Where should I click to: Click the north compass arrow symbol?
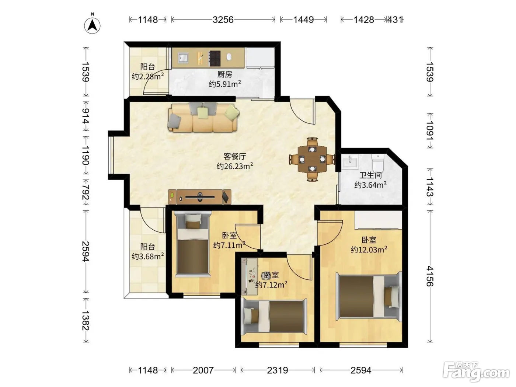[x=92, y=25]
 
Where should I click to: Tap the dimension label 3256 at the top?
[x=223, y=20]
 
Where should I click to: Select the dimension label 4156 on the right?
[x=430, y=276]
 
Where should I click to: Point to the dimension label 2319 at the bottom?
[x=278, y=370]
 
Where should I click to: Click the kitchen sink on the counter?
[x=183, y=57]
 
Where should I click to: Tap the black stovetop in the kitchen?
[x=215, y=58]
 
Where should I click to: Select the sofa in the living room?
[x=203, y=117]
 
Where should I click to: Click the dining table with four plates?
[x=312, y=159]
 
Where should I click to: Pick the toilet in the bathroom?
[x=378, y=162]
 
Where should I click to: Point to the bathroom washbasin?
[x=350, y=162]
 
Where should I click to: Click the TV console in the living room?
[x=200, y=197]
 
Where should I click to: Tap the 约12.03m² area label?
[x=369, y=249]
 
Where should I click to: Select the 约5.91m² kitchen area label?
[x=225, y=84]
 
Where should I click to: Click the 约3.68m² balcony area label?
[x=148, y=256]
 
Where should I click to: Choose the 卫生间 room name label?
[x=370, y=175]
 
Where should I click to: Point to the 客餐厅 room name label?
[x=235, y=156]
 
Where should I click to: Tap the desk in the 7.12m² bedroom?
[x=249, y=276]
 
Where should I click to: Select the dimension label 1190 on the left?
[x=86, y=156]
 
